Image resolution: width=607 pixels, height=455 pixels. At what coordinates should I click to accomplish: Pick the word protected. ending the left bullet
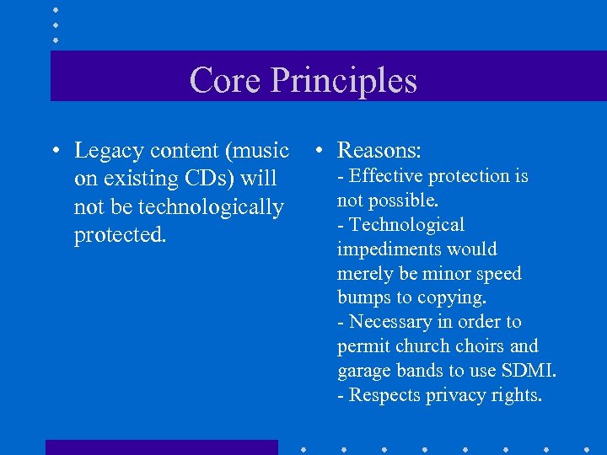coord(121,234)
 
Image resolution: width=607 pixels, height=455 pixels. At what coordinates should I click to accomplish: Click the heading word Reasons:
coord(379,151)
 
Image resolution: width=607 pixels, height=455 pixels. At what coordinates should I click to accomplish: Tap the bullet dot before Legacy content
coord(53,152)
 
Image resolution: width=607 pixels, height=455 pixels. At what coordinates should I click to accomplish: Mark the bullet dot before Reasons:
coord(316,152)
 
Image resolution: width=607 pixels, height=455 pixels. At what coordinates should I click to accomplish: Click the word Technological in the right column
coord(407,225)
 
